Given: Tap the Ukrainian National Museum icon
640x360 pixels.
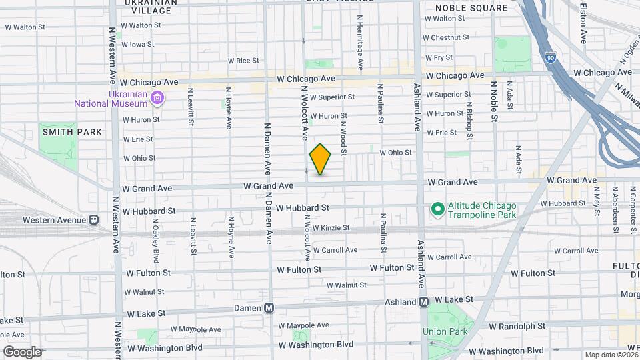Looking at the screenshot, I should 157,99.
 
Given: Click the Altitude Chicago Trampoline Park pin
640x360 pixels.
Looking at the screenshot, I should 437,209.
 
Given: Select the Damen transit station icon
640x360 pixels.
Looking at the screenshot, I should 269,308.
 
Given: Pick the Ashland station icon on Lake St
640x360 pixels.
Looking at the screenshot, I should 423,302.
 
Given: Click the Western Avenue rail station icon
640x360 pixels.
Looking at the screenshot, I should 94,219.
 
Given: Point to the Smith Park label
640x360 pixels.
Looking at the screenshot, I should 72,132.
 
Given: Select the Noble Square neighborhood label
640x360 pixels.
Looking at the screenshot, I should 471,8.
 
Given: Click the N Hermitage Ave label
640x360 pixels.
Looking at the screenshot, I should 359,43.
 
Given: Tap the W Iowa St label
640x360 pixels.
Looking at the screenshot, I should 138,45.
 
